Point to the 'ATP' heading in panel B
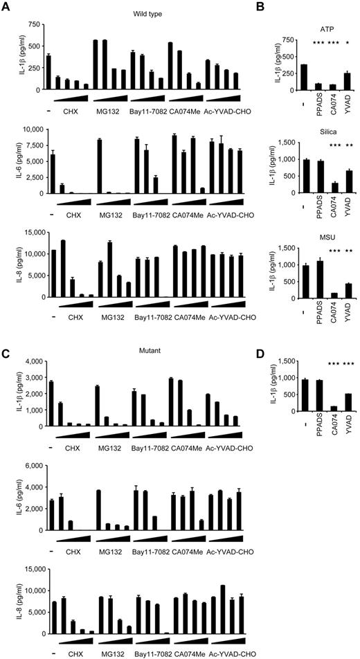(317, 25)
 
